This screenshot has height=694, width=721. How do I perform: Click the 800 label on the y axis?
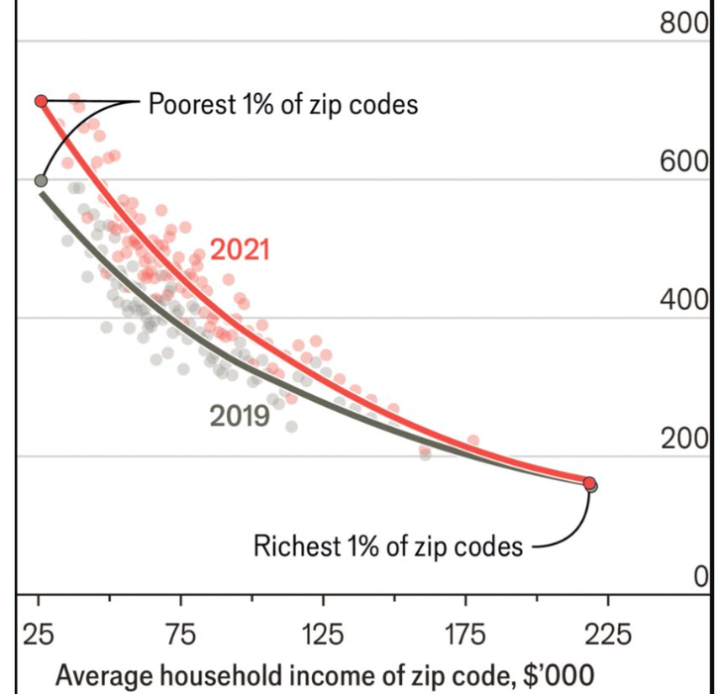click(x=685, y=24)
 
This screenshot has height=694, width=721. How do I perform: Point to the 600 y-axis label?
click(x=685, y=162)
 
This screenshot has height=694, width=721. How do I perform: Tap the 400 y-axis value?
click(x=685, y=301)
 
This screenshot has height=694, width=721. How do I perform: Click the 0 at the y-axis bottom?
click(x=700, y=577)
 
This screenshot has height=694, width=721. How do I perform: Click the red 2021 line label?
click(x=240, y=249)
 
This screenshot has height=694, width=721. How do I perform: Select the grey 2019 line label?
click(x=240, y=416)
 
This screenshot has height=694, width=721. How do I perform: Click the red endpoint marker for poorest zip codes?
click(x=41, y=101)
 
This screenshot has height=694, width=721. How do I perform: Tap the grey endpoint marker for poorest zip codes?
click(x=41, y=181)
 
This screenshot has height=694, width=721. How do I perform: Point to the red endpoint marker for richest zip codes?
click(x=589, y=483)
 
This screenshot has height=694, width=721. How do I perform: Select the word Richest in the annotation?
click(x=295, y=545)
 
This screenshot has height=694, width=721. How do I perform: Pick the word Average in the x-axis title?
click(x=103, y=676)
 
